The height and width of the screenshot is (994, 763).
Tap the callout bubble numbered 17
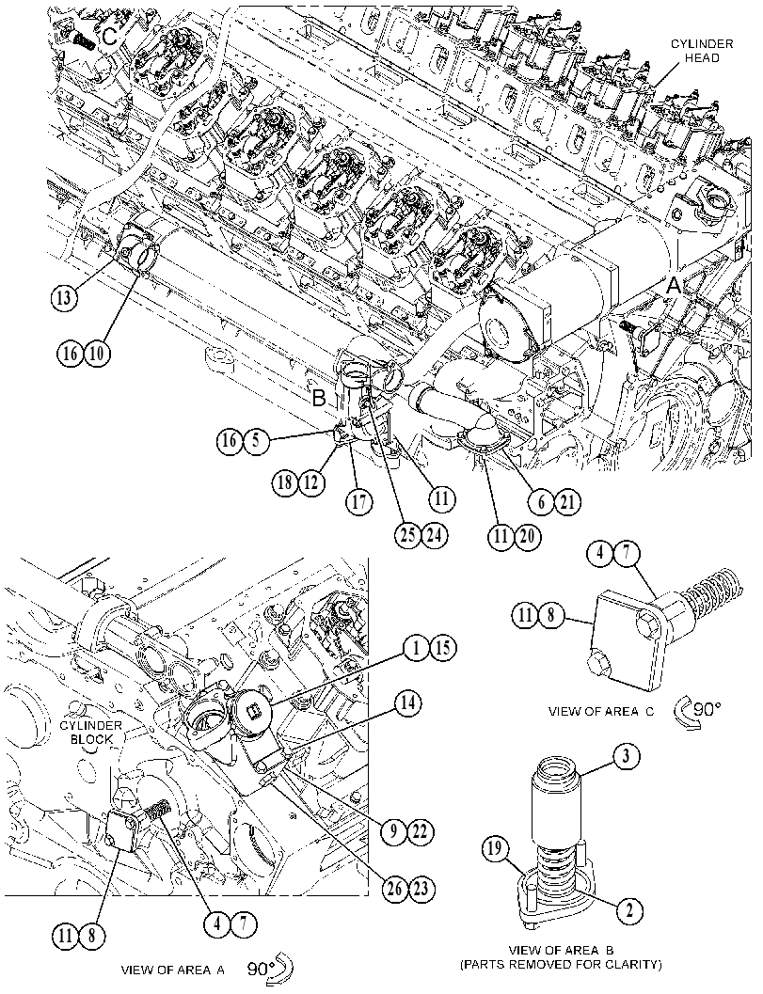point(359,502)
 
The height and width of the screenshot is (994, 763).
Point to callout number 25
point(407,535)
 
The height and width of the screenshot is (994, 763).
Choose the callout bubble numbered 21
point(567,502)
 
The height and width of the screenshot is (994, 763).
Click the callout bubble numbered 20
point(528,537)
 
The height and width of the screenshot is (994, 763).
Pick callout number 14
point(409,703)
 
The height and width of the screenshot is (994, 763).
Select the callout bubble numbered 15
point(443,648)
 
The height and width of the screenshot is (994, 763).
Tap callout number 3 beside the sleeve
point(627,756)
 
